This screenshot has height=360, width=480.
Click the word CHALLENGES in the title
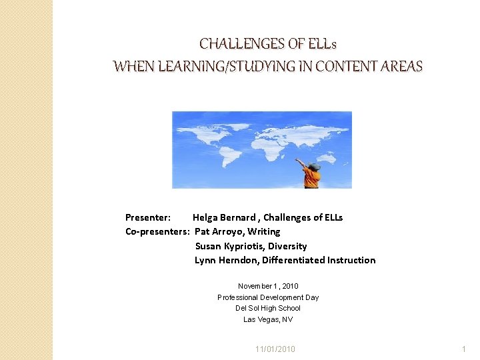(x=243, y=45)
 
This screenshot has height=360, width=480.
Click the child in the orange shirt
(x=311, y=175)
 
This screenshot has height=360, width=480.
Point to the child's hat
(x=313, y=165)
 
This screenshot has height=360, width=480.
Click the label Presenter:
(x=148, y=217)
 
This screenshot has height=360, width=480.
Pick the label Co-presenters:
(x=157, y=231)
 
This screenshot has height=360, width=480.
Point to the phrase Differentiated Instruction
(x=317, y=260)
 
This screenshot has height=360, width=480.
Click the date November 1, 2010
(x=268, y=286)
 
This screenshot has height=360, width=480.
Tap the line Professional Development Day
(x=268, y=297)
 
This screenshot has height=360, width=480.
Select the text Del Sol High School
(x=268, y=308)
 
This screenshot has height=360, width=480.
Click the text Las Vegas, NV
(x=268, y=319)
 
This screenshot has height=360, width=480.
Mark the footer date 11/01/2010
(x=275, y=349)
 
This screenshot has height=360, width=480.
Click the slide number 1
(x=464, y=349)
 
